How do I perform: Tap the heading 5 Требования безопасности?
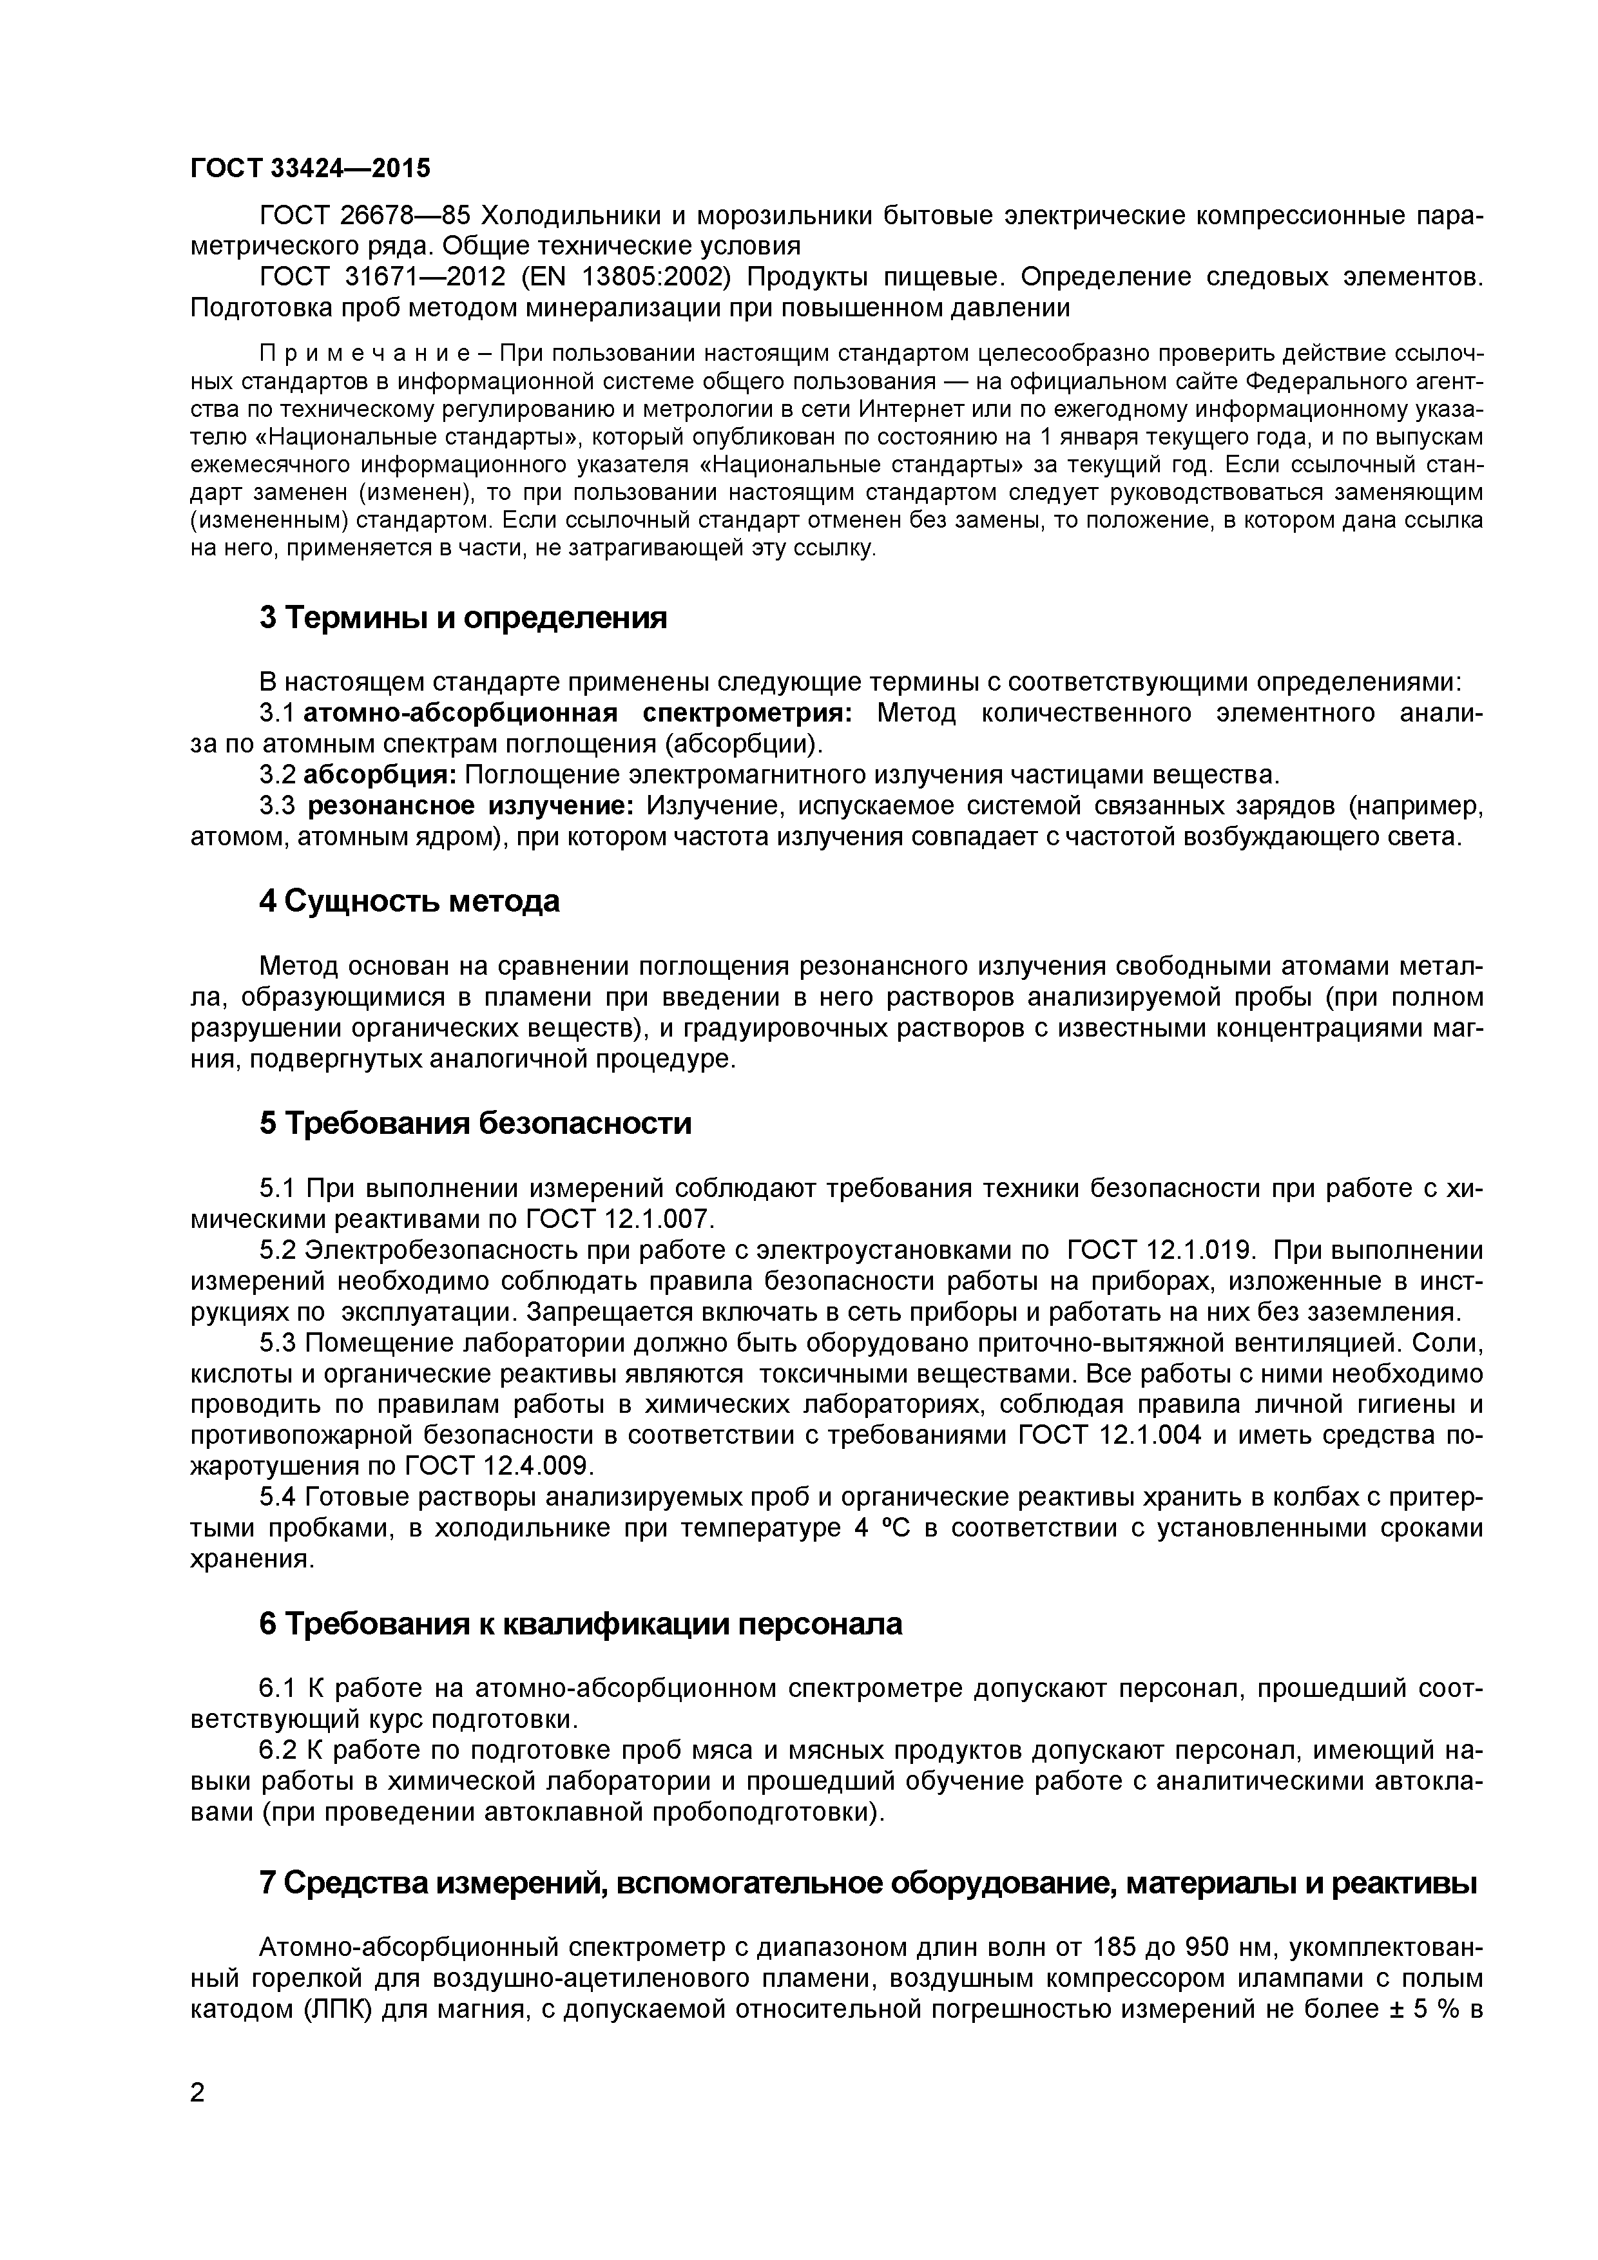[x=475, y=1123]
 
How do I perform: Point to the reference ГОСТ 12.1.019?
[x=1160, y=1250]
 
